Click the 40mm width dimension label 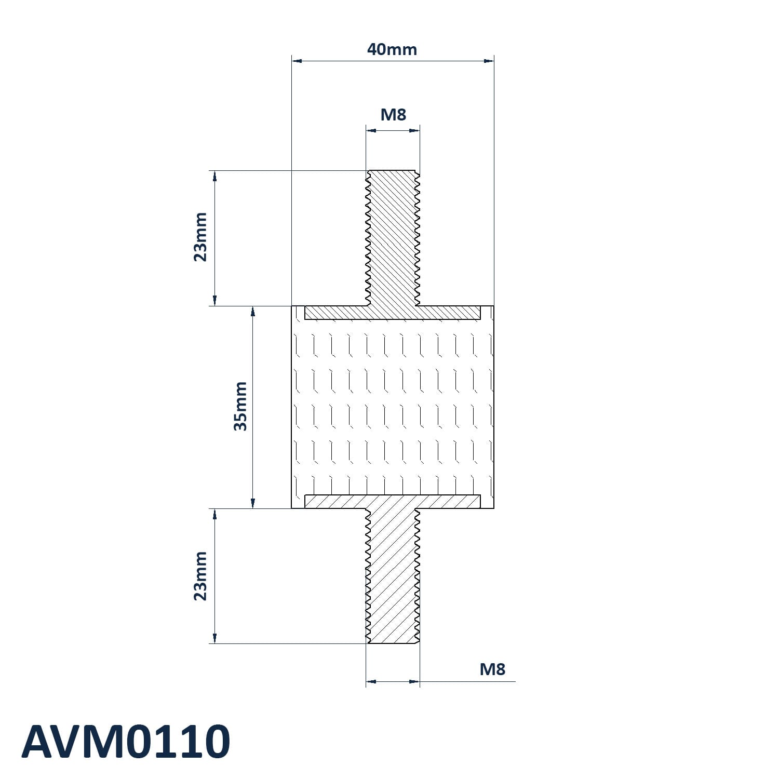point(392,49)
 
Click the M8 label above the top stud point(393,114)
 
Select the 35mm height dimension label point(240,406)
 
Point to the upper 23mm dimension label point(200,237)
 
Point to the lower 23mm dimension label point(200,576)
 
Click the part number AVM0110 point(126,742)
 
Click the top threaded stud point(393,238)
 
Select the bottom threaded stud point(393,576)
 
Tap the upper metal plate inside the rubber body point(393,312)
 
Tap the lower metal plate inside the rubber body point(393,501)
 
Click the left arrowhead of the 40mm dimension point(297,61)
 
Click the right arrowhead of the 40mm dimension point(489,61)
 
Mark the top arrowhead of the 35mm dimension point(253,311)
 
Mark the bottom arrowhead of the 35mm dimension point(253,503)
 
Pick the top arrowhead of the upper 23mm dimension point(214,176)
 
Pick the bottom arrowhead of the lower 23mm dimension point(214,638)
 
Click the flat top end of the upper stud point(393,170)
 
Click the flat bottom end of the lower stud point(393,644)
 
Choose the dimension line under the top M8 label point(393,130)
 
